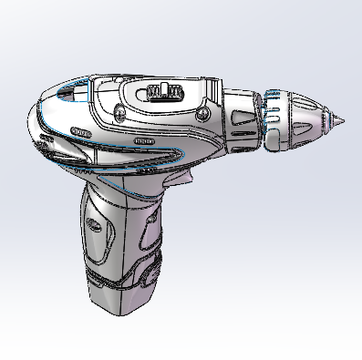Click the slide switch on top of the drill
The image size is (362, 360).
[161, 91]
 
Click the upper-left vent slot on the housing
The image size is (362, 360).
[82, 133]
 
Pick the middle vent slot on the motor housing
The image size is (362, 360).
[143, 142]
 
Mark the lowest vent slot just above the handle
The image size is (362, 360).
[144, 170]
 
